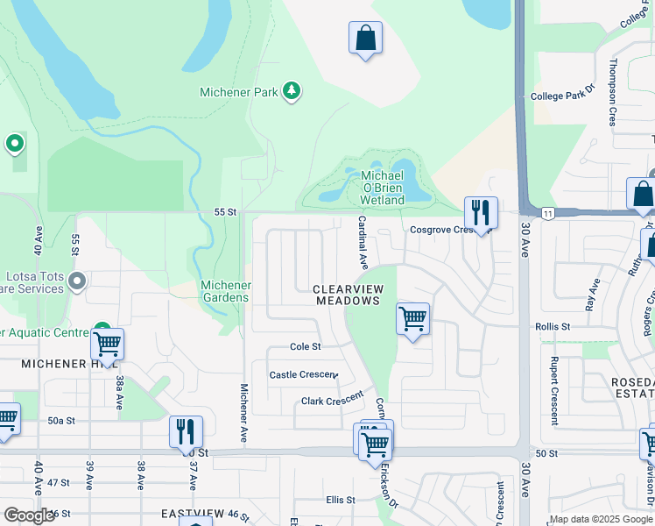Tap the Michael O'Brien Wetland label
point(383,188)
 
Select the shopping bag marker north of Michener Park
point(365,39)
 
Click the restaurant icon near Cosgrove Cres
point(481,213)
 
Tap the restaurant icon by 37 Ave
point(186,432)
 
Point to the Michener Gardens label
point(226,291)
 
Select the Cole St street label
point(306,346)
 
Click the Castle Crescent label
point(302,374)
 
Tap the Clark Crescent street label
point(332,399)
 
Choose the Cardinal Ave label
point(362,243)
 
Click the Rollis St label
point(553,326)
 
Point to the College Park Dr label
point(563,96)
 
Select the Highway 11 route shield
point(547,213)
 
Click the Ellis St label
point(341,500)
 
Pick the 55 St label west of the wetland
point(225,212)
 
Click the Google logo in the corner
point(28,515)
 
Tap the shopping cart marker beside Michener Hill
point(107,345)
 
